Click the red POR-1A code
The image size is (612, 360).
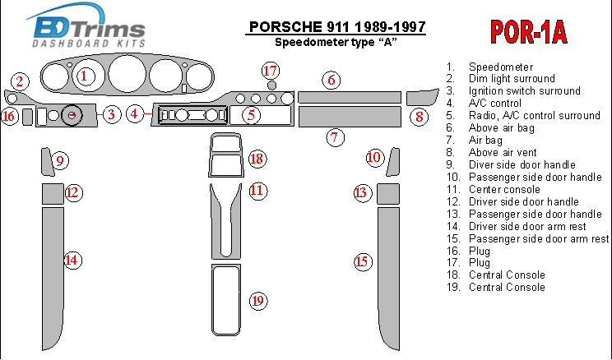click(x=528, y=32)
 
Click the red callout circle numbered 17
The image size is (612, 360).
click(x=270, y=71)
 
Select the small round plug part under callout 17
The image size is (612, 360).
click(x=271, y=85)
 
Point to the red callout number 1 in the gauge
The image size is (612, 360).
click(x=83, y=76)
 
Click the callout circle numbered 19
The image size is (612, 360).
click(x=257, y=301)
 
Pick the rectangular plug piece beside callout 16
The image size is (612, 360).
click(x=27, y=117)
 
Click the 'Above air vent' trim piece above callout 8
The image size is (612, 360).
click(x=422, y=98)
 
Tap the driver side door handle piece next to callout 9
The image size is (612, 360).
click(x=46, y=161)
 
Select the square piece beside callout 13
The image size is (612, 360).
click(x=388, y=194)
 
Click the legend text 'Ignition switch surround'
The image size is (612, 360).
click(x=524, y=91)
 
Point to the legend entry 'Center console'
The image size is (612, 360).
click(x=504, y=190)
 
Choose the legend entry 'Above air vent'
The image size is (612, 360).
click(x=503, y=153)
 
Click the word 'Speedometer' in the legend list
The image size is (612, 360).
click(x=501, y=67)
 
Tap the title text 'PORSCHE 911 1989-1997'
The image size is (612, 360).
click(x=337, y=27)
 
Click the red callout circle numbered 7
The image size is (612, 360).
click(x=335, y=137)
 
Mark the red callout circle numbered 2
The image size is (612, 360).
click(x=20, y=81)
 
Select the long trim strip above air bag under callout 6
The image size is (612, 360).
click(x=350, y=97)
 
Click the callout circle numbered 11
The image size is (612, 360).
click(x=257, y=191)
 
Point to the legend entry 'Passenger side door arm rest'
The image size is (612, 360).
click(x=539, y=238)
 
